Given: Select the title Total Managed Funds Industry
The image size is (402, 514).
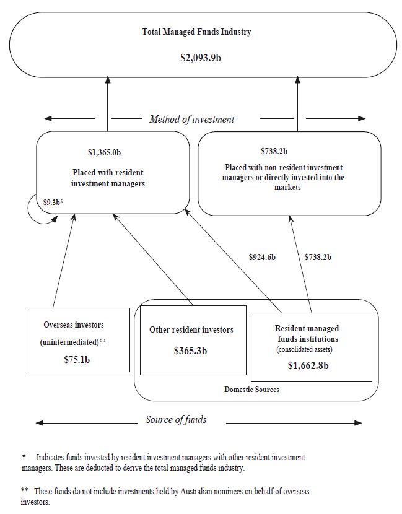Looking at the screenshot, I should pyautogui.click(x=196, y=32).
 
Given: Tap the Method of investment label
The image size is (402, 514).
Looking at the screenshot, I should pyautogui.click(x=192, y=119).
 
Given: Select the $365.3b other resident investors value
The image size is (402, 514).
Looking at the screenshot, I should pyautogui.click(x=191, y=351).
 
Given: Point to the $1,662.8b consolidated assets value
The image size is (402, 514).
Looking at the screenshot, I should pyautogui.click(x=308, y=365).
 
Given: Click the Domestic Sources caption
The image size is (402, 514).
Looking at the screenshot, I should pyautogui.click(x=251, y=389).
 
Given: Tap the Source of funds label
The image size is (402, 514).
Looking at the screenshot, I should pyautogui.click(x=176, y=419).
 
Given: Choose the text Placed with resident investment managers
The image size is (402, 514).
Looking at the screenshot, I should pyautogui.click(x=111, y=177).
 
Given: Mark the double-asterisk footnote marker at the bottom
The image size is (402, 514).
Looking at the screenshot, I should pyautogui.click(x=25, y=490).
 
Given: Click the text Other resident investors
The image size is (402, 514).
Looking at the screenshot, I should pyautogui.click(x=191, y=330).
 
